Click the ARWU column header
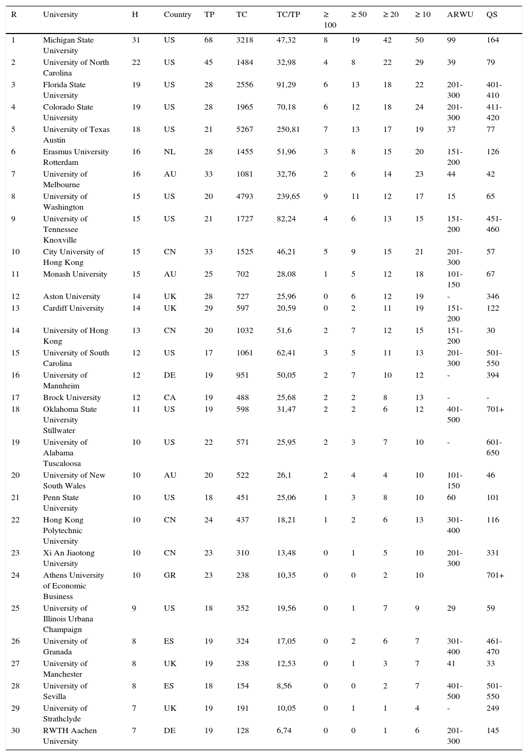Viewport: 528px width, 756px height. (x=460, y=14)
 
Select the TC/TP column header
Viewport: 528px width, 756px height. (x=288, y=14)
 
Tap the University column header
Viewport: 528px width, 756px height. (x=60, y=14)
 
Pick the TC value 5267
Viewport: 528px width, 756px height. (x=245, y=129)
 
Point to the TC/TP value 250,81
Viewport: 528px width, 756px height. (x=288, y=129)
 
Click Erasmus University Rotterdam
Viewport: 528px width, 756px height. (x=76, y=157)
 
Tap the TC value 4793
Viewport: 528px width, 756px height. (x=245, y=196)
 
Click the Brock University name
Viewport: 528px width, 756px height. (x=72, y=397)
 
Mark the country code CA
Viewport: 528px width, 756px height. (x=169, y=397)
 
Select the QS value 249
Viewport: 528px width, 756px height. (x=493, y=708)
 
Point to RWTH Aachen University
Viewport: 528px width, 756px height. (x=70, y=736)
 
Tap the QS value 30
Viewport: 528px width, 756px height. (x=491, y=330)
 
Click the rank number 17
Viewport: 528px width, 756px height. (x=15, y=397)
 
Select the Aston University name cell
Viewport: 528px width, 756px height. (x=71, y=296)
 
